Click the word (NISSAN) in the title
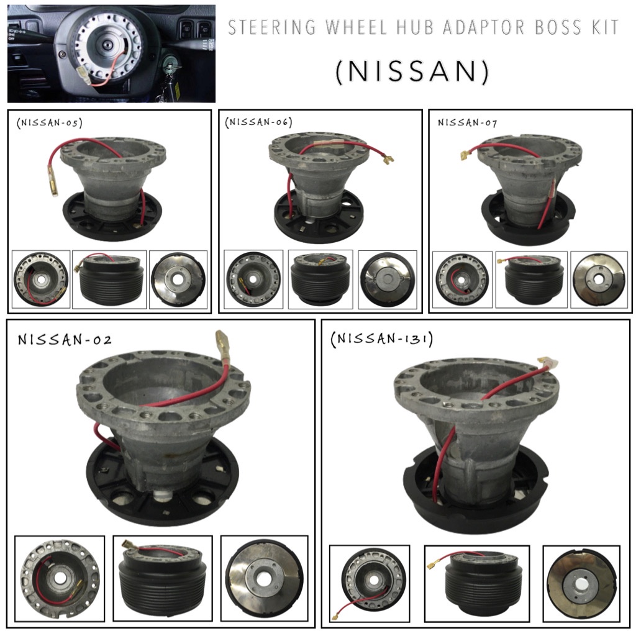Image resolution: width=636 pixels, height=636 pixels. (412, 71)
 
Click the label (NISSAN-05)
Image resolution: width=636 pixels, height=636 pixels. (50, 122)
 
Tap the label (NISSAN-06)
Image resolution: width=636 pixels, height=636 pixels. (258, 122)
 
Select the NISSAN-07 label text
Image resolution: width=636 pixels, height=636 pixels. (467, 122)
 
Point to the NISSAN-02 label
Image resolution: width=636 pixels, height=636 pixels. (65, 340)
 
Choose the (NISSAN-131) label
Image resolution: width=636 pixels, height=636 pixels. (382, 340)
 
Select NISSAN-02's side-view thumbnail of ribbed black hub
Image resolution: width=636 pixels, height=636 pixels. (163, 579)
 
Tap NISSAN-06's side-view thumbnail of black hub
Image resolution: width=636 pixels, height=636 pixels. (320, 279)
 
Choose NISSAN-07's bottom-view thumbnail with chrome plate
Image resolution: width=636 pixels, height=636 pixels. (598, 279)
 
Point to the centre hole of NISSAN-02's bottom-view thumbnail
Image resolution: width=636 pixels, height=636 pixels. (264, 578)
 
